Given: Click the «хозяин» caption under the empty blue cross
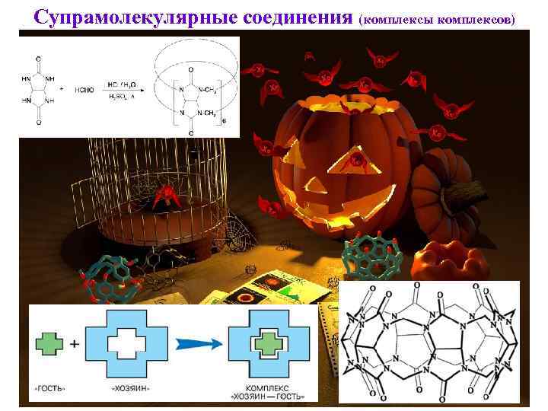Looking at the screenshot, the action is (126, 386).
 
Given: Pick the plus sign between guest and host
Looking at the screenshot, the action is (75, 344).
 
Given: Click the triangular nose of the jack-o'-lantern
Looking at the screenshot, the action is (355, 161).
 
